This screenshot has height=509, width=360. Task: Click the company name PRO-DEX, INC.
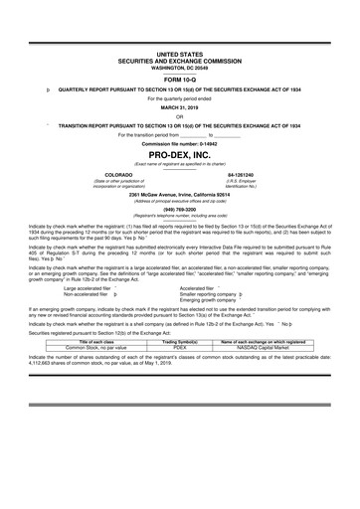tap(180, 157)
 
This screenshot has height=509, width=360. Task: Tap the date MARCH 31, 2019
tap(180, 108)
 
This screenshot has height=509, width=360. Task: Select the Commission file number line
tap(180, 145)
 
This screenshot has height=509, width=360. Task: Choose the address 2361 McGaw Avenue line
tap(180, 194)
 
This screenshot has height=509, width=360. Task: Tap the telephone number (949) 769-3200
tap(180, 209)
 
